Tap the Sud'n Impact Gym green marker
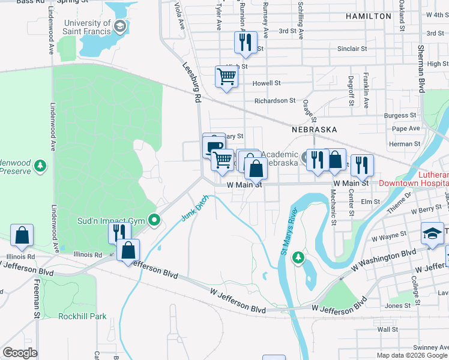click(154, 221)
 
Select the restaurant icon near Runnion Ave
click(245, 42)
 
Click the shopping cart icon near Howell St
click(226, 77)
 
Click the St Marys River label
click(288, 231)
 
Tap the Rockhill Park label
click(82, 316)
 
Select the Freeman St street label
click(37, 299)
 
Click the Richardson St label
click(275, 101)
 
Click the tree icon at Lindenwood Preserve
click(40, 164)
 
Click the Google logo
click(20, 353)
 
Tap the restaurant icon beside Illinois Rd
click(119, 232)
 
